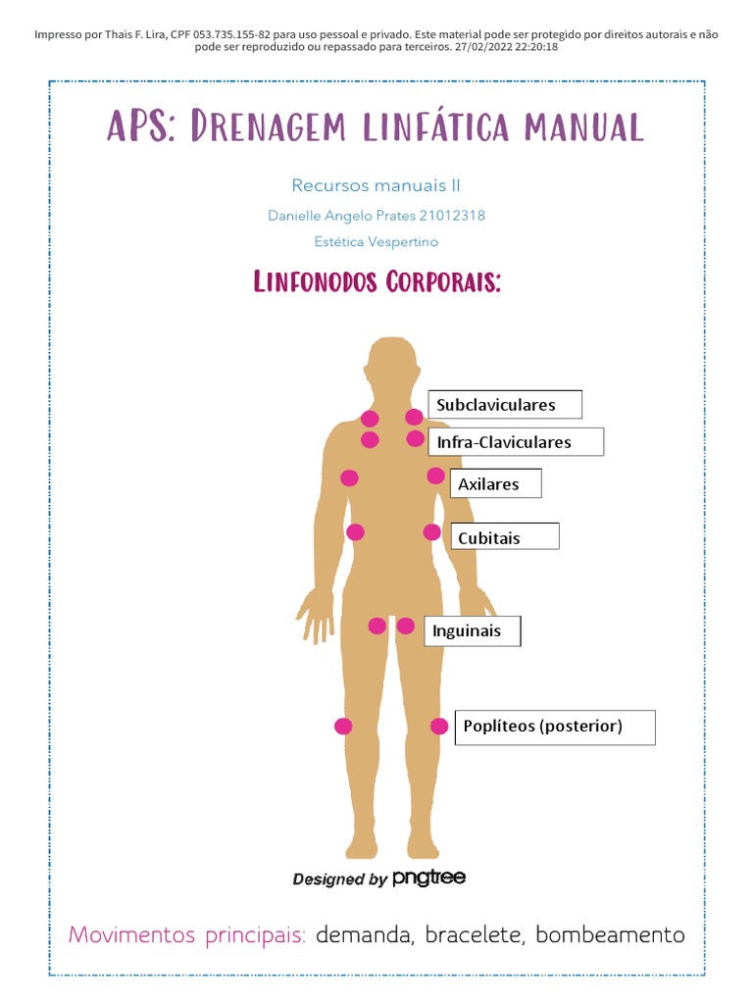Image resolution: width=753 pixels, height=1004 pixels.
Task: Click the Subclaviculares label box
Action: (505, 405)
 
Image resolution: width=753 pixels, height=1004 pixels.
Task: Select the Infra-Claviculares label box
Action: (516, 442)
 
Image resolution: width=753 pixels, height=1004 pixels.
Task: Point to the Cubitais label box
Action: (504, 537)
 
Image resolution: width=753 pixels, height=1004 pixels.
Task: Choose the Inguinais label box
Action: (472, 631)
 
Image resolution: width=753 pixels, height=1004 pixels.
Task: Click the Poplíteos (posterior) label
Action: (554, 727)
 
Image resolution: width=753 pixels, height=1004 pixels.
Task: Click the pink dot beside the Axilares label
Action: (436, 476)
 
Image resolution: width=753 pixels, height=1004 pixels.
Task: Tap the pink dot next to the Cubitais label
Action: (432, 532)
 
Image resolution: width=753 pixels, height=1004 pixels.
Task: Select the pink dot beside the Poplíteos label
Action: (439, 727)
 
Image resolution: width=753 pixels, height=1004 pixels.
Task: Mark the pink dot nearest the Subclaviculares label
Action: (415, 417)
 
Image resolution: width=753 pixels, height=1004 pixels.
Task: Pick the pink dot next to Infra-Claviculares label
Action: (416, 438)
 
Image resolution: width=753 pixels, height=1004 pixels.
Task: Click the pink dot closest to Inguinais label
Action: (406, 626)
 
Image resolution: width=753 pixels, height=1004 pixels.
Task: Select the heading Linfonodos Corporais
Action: (377, 282)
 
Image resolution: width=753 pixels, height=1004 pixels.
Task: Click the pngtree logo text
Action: (428, 878)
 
